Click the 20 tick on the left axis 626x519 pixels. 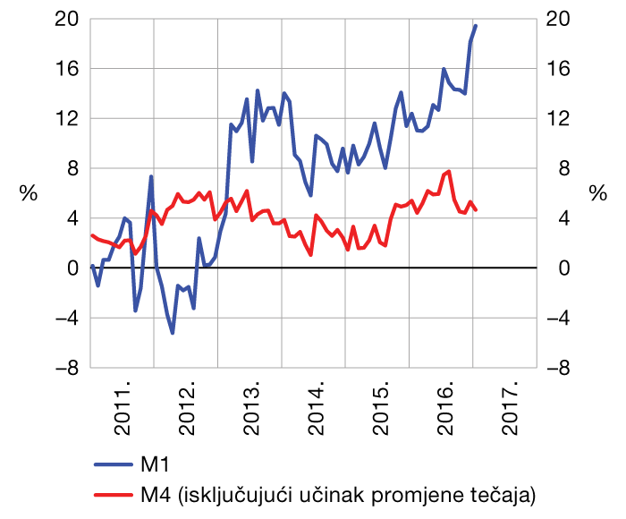pyautogui.click(x=67, y=19)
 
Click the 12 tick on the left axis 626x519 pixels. pyautogui.click(x=67, y=118)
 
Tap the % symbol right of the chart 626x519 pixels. pyautogui.click(x=598, y=193)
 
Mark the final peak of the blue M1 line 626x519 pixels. pyautogui.click(x=476, y=26)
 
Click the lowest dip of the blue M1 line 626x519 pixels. pyautogui.click(x=173, y=333)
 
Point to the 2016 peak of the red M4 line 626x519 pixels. pyautogui.click(x=448, y=171)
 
